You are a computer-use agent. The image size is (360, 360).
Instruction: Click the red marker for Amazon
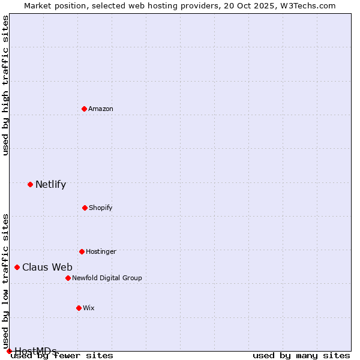[85, 109]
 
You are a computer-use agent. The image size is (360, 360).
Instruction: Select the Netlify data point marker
[30, 184]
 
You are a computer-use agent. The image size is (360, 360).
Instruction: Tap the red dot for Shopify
[85, 208]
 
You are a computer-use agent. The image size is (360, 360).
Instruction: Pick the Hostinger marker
[82, 251]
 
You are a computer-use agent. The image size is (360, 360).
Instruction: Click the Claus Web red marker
[17, 267]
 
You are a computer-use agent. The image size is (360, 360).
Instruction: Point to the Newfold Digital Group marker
[68, 278]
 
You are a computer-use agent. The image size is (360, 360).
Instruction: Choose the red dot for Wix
[79, 308]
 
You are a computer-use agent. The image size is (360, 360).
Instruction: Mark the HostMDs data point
[9, 351]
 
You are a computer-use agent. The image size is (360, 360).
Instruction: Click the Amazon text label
[101, 109]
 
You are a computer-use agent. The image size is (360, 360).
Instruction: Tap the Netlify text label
[50, 184]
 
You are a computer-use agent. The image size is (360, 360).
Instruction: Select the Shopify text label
[101, 208]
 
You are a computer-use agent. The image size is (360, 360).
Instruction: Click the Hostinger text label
[101, 251]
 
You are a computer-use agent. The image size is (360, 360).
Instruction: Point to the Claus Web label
[47, 267]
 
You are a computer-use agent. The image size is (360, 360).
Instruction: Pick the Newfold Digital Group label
[107, 278]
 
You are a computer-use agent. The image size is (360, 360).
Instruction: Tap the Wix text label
[89, 308]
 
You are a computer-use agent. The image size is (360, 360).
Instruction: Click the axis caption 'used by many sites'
[301, 355]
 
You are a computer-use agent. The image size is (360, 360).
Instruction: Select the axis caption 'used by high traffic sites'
[5, 85]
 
